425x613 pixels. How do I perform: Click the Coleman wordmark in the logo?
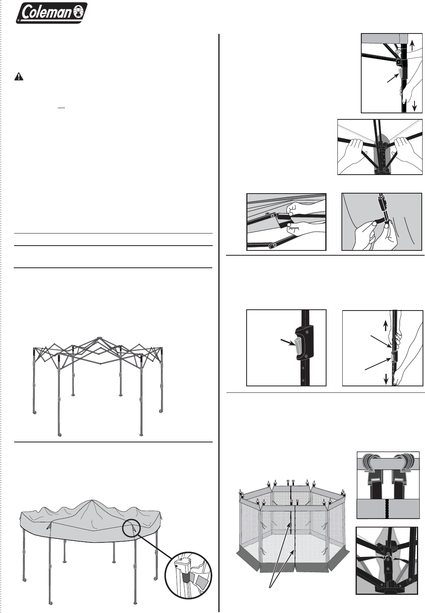click(x=46, y=13)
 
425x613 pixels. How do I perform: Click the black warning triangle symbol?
click(x=19, y=76)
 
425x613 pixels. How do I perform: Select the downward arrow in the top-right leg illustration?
click(x=415, y=106)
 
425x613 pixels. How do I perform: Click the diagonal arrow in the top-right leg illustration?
click(x=392, y=78)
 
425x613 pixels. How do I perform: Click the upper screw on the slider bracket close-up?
click(x=308, y=332)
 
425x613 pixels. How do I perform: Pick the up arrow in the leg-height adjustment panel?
click(x=385, y=325)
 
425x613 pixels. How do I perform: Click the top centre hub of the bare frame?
click(x=99, y=338)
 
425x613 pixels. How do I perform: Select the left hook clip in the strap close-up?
click(x=372, y=463)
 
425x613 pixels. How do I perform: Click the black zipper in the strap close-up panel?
click(x=387, y=509)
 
